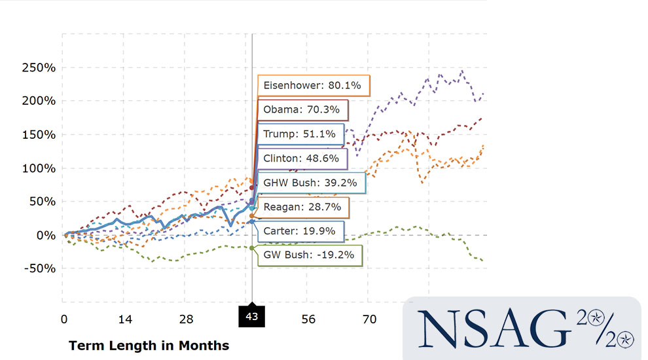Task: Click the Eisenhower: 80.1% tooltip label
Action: (x=313, y=85)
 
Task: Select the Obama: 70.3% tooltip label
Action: (x=301, y=109)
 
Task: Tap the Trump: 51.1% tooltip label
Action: (x=299, y=134)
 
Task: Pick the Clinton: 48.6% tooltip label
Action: (x=301, y=158)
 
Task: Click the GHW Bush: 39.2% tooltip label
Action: (x=310, y=183)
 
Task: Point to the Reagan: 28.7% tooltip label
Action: (x=302, y=207)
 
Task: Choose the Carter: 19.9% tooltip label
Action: (x=299, y=230)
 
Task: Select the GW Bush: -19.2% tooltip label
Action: (x=308, y=255)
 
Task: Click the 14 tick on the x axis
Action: (x=125, y=319)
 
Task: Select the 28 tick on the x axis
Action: (x=187, y=319)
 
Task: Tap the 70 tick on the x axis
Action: (x=369, y=319)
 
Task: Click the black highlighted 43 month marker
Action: (x=252, y=315)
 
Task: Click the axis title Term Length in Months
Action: (x=149, y=345)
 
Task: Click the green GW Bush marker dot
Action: (x=253, y=247)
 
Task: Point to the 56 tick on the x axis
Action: (x=308, y=319)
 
